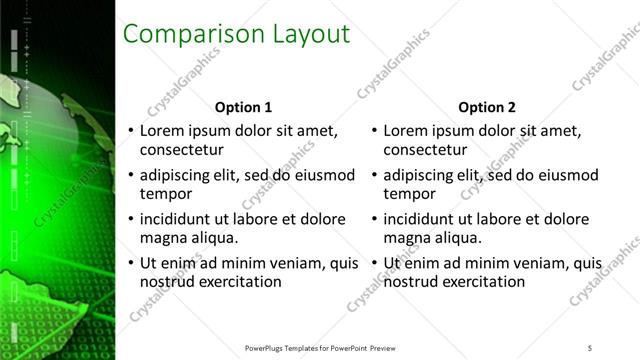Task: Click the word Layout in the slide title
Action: click(311, 34)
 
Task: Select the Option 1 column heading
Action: click(243, 107)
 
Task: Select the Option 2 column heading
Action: click(487, 107)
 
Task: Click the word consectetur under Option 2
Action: click(424, 150)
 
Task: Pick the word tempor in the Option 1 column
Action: click(163, 194)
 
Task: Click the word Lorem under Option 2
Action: click(406, 131)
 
